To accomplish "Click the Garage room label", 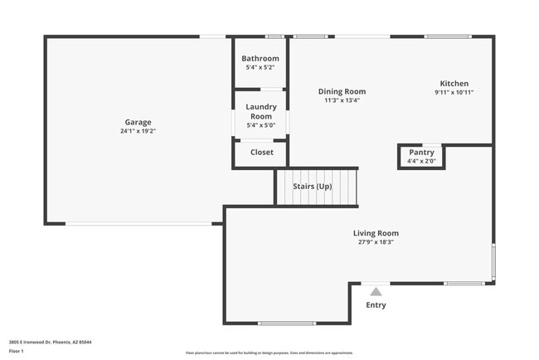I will [x=138, y=122].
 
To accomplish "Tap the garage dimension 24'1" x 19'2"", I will [x=138, y=131].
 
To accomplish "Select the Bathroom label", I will [x=260, y=59].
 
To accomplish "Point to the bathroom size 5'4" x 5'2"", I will [x=260, y=67].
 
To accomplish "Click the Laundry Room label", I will [x=261, y=111].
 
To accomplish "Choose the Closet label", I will [x=261, y=152].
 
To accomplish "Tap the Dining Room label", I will [x=342, y=91].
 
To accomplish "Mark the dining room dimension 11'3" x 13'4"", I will [x=342, y=100].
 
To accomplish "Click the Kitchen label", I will [x=454, y=84].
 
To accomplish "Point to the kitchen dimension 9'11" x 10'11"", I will [x=454, y=92].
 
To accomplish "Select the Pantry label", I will [x=421, y=153].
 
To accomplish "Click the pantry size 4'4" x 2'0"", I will [x=421, y=161].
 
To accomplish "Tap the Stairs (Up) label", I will [x=313, y=186].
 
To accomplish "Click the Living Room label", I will [x=376, y=233].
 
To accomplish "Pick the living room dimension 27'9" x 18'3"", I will [x=376, y=242].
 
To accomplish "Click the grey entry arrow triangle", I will [x=376, y=291].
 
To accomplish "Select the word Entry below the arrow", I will [x=376, y=304].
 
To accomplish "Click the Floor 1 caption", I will [x=17, y=351].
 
